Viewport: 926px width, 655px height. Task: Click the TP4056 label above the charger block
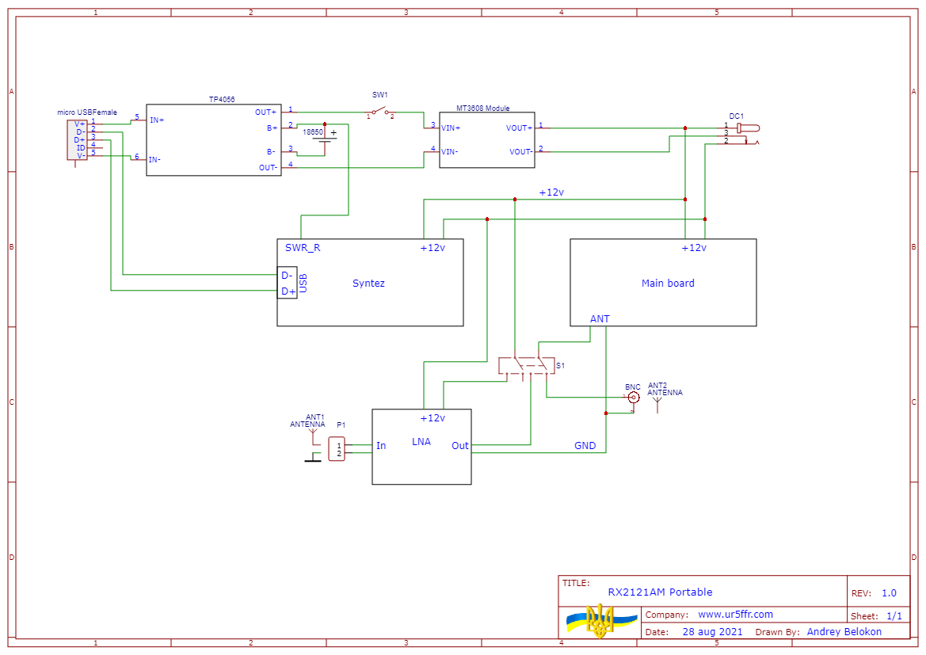point(221,100)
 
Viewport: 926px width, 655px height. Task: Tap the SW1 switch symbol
point(380,111)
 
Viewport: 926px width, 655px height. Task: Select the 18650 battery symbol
point(324,139)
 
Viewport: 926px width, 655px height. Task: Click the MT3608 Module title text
point(483,109)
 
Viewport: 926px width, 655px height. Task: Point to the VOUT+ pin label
point(520,128)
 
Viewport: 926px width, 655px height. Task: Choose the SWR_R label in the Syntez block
point(303,247)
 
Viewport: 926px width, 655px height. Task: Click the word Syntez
point(368,283)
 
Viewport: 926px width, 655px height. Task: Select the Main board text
point(668,283)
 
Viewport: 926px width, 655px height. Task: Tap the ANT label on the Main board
point(600,318)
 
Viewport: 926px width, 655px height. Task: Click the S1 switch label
point(561,365)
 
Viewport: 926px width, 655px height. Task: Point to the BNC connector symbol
point(633,398)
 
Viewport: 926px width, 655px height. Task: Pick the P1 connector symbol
point(337,449)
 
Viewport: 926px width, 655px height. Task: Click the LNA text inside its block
point(421,441)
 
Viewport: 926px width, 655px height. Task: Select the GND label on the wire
point(585,446)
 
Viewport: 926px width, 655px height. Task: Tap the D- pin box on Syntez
point(288,276)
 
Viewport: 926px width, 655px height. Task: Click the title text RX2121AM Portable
point(660,592)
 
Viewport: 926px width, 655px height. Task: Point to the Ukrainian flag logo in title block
point(600,621)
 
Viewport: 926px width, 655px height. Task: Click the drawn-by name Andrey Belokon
point(844,632)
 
